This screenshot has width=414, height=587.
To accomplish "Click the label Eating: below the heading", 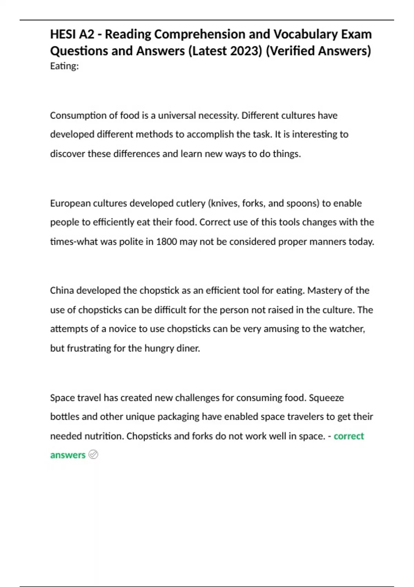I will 64,66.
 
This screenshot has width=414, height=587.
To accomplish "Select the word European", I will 70,203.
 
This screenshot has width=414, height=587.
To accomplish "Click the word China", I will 62,290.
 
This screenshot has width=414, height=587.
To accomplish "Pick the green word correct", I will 348,436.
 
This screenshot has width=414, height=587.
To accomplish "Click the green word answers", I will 68,455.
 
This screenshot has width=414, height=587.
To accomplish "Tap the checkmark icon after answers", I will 93,455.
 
